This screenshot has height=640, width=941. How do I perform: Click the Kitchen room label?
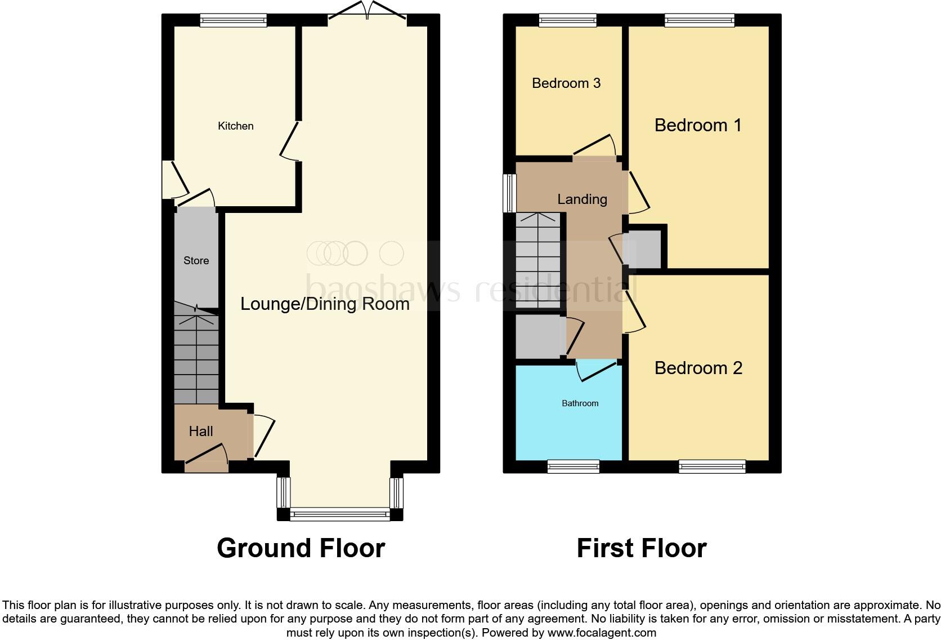[x=235, y=126]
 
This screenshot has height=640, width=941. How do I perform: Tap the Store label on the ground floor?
[x=196, y=260]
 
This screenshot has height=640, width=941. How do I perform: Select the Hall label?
[x=200, y=431]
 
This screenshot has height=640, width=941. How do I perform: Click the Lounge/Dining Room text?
[x=325, y=304]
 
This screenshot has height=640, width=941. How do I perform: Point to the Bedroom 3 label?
[x=566, y=83]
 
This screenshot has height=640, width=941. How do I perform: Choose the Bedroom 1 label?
[x=698, y=125]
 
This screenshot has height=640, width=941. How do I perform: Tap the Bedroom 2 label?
[x=698, y=368]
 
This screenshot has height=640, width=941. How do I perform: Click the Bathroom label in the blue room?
[x=580, y=403]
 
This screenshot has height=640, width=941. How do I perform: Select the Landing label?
[x=582, y=199]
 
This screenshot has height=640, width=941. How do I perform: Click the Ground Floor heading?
[x=301, y=548]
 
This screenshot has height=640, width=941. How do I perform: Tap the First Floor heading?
[x=641, y=548]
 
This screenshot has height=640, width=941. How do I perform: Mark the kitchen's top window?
[x=233, y=21]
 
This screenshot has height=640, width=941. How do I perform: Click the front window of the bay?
[x=340, y=514]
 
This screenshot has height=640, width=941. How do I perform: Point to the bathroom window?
[x=573, y=466]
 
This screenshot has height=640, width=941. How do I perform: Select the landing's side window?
[x=509, y=193]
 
